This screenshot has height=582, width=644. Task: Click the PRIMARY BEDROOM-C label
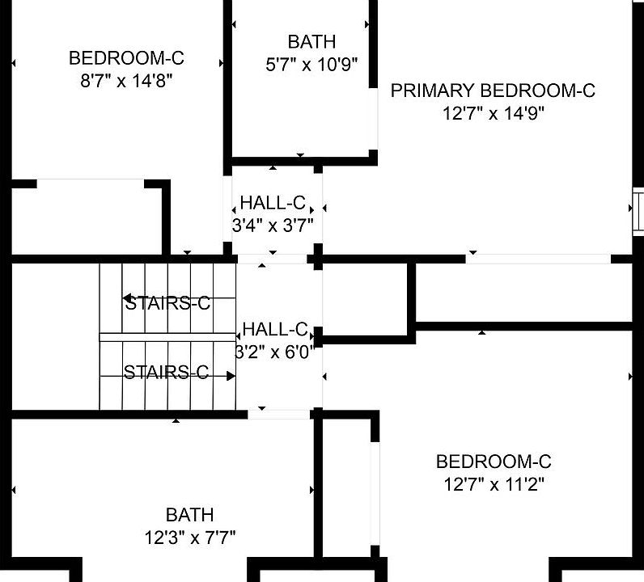click(493, 91)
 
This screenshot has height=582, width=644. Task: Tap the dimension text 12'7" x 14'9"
click(493, 113)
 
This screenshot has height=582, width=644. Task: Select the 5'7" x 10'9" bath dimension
click(311, 64)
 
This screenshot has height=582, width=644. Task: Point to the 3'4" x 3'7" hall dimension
click(273, 226)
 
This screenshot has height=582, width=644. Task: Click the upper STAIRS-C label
click(167, 304)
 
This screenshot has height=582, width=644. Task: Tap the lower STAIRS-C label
click(166, 373)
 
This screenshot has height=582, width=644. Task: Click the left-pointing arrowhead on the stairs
click(128, 298)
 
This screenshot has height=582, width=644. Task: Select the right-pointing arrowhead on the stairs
click(231, 375)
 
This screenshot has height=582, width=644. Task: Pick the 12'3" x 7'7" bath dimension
click(189, 538)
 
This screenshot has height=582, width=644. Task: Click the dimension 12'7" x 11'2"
click(494, 485)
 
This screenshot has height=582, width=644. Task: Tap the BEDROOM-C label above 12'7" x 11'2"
click(494, 462)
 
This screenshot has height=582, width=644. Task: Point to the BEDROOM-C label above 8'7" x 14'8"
click(126, 58)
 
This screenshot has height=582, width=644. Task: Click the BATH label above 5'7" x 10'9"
click(311, 42)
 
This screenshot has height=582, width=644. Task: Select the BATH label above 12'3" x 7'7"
click(189, 515)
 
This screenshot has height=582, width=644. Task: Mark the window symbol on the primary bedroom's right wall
click(638, 207)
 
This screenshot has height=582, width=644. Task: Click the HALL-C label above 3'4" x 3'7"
click(273, 203)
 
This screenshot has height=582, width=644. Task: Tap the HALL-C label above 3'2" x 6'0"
click(275, 330)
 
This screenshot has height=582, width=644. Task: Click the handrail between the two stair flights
click(167, 336)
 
